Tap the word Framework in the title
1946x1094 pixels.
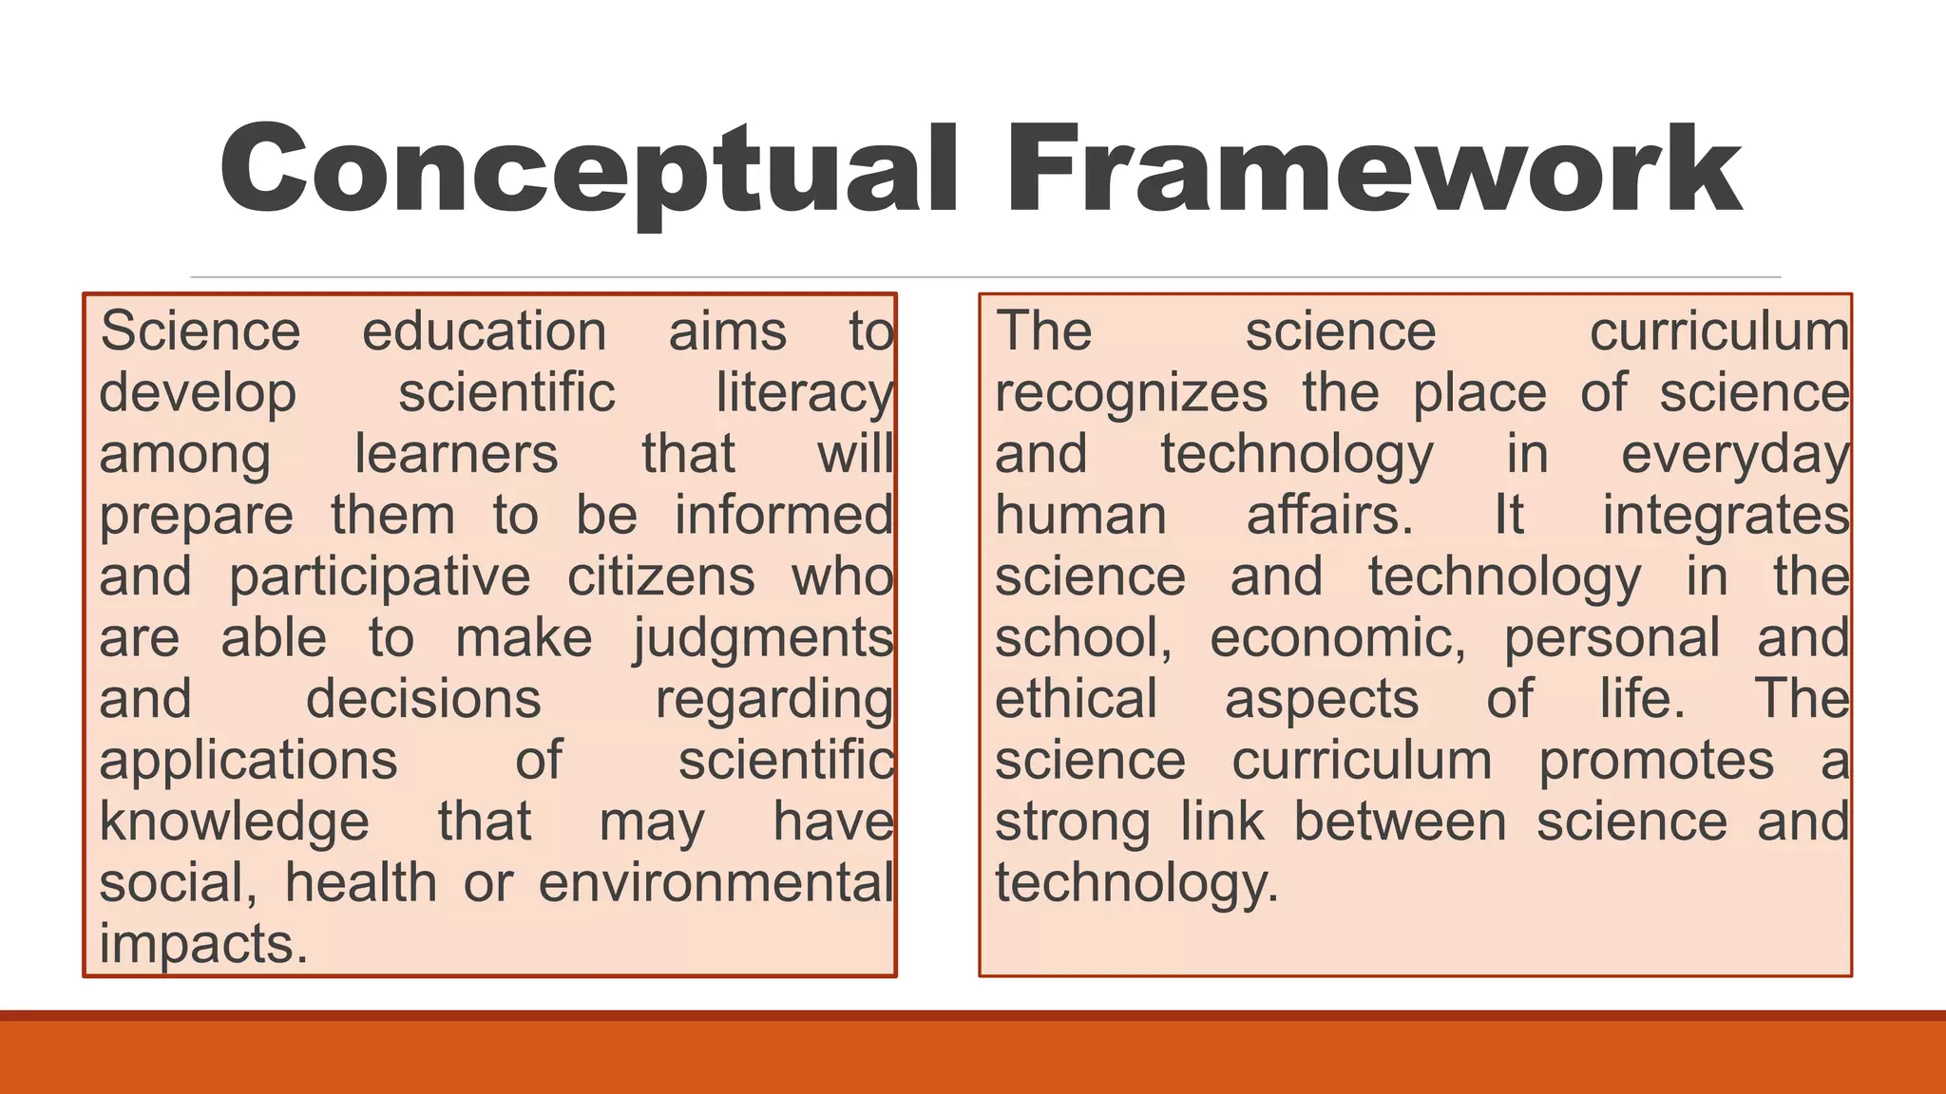[x=1373, y=171]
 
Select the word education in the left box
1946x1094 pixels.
[x=484, y=332]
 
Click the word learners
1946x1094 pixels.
[x=456, y=455]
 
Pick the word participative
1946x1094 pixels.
[x=380, y=578]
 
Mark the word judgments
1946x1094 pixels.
[x=764, y=639]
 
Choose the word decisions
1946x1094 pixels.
[x=423, y=700]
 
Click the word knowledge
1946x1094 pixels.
[x=234, y=822]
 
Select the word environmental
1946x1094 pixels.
[x=715, y=883]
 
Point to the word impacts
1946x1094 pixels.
[x=203, y=945]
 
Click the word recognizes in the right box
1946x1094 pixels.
[x=1131, y=394]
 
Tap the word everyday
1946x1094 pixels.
[x=1734, y=455]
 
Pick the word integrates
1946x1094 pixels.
[x=1726, y=517]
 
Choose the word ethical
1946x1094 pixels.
[x=1076, y=700]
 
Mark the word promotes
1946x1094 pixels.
[x=1656, y=762]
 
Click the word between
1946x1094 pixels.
[x=1400, y=822]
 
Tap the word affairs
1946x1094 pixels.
[x=1329, y=517]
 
